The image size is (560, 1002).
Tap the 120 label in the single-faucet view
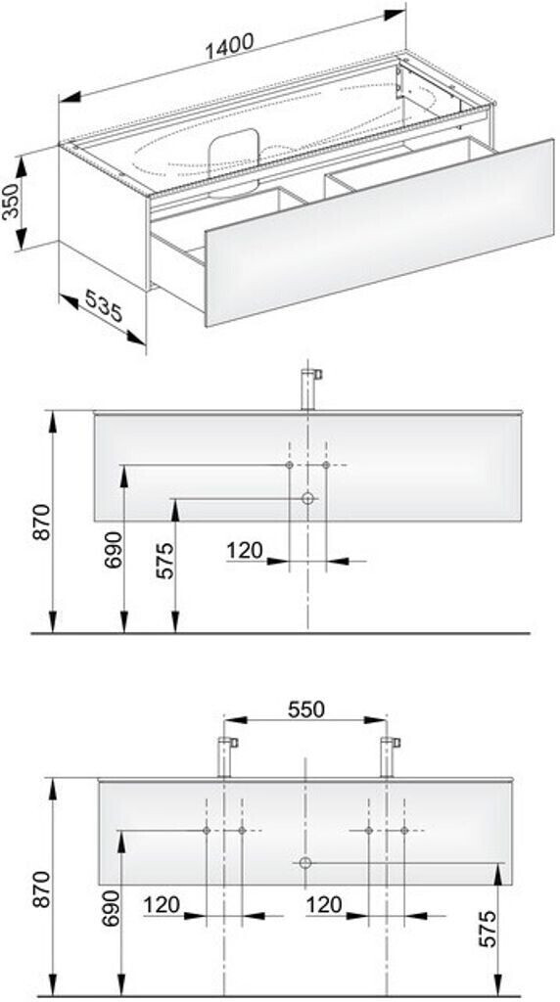click(x=244, y=551)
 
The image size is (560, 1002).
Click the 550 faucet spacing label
click(x=305, y=707)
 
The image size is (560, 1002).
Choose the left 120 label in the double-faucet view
click(x=161, y=904)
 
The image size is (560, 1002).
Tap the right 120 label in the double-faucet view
click(x=325, y=904)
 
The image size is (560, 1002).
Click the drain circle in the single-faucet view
click(x=307, y=498)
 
